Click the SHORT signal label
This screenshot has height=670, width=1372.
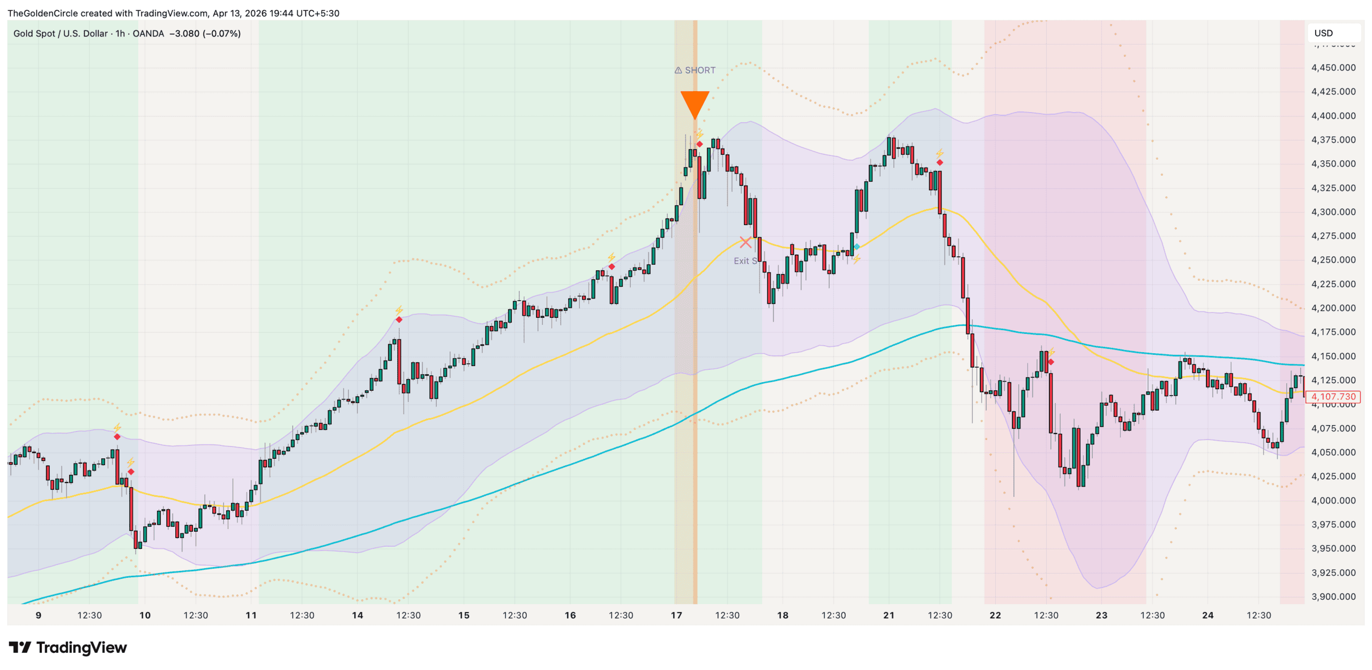click(x=695, y=70)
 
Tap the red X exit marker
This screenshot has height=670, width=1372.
click(x=745, y=242)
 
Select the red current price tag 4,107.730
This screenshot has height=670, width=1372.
click(x=1333, y=397)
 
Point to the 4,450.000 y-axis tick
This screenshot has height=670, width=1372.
click(x=1333, y=68)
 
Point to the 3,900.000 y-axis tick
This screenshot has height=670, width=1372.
click(x=1333, y=597)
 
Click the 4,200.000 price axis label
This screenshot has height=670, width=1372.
click(x=1333, y=308)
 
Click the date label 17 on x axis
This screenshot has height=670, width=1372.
click(x=676, y=615)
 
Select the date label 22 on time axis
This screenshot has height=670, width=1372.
click(x=995, y=615)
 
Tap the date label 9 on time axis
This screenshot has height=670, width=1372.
click(x=39, y=615)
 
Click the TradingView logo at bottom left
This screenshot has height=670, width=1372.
click(x=68, y=647)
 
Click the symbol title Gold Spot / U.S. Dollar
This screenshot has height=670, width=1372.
click(x=61, y=33)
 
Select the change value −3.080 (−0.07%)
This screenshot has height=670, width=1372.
click(x=205, y=33)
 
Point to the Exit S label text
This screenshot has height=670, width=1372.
click(x=745, y=261)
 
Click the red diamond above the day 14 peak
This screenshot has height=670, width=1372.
click(x=399, y=320)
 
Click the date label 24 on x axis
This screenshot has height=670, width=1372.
click(x=1207, y=615)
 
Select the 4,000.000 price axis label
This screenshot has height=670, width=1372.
click(x=1333, y=501)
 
